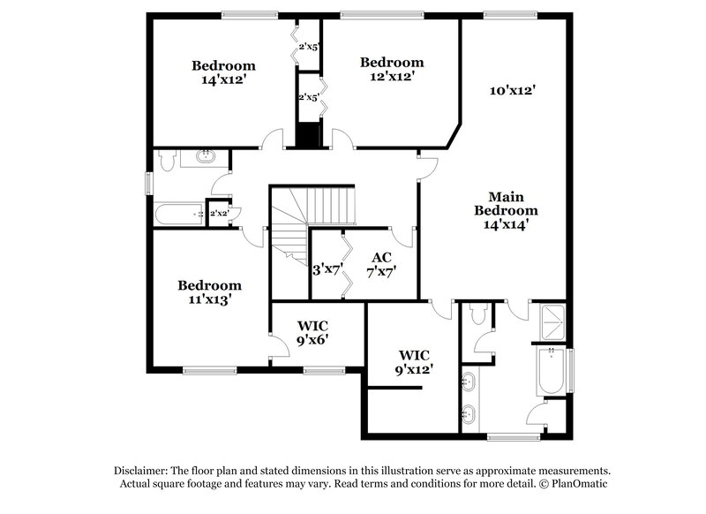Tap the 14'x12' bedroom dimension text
pos(224,79)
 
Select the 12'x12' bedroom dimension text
pos(392,76)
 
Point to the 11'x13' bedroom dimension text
pos(210,299)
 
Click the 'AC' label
pos(381,257)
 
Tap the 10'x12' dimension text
pos(513,90)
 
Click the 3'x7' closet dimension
pos(327,271)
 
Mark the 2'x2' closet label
pos(218,214)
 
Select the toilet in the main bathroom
pos(478,314)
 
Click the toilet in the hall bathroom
pos(167,158)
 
